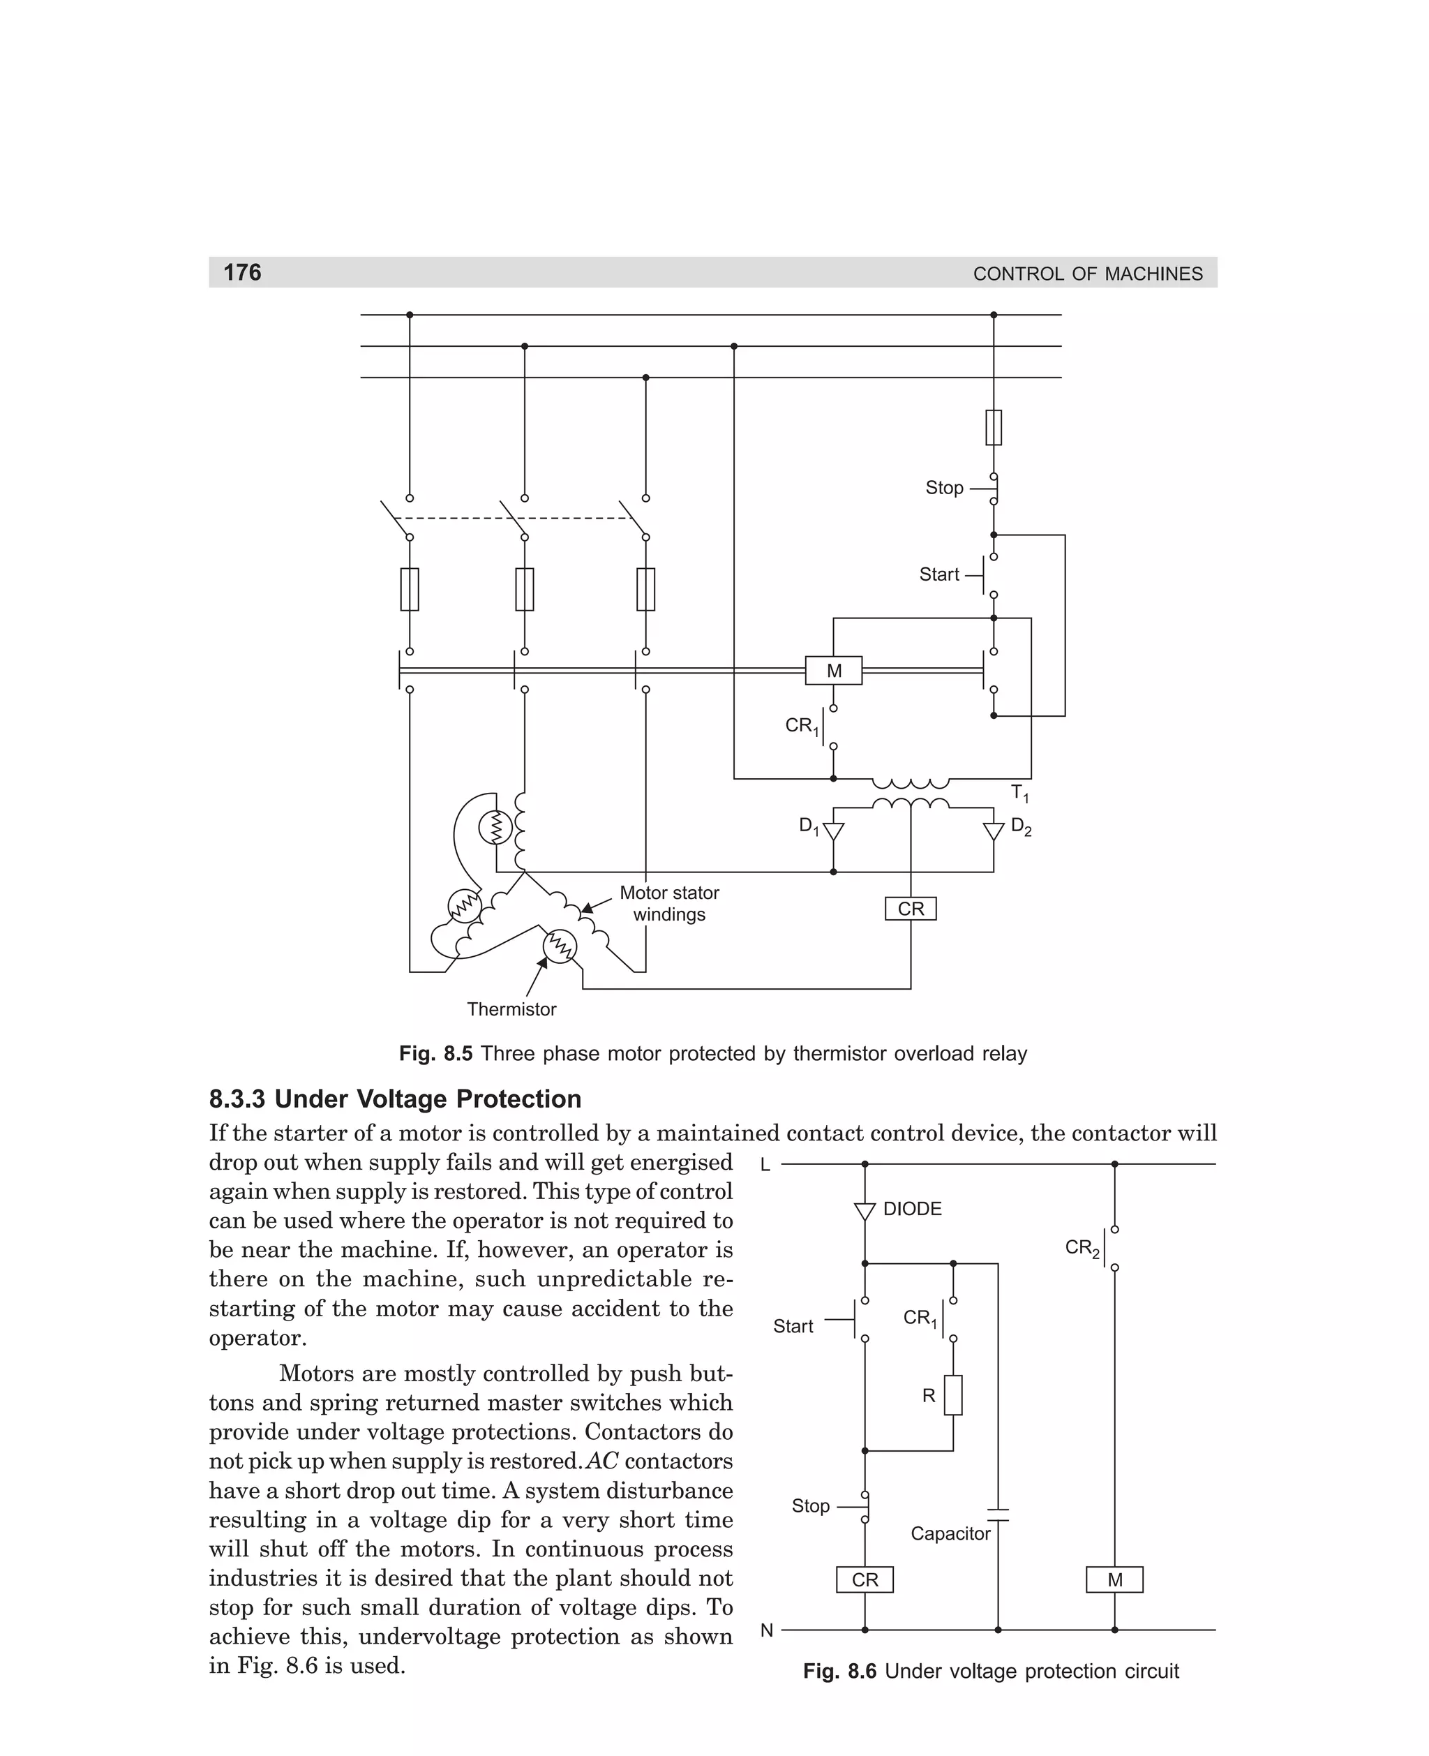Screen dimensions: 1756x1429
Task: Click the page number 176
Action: point(242,272)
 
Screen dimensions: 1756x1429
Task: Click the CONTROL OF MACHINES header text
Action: point(1087,274)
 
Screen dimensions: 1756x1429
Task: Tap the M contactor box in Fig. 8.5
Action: point(833,671)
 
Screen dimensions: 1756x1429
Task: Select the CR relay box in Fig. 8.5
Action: point(911,909)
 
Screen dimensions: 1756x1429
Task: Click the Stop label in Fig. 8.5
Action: point(944,488)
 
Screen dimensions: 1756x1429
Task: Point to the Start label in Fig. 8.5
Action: point(939,574)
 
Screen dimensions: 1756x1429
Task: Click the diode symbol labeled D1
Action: point(833,831)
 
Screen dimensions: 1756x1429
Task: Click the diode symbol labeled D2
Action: point(994,831)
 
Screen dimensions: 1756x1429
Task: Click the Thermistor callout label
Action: point(511,1009)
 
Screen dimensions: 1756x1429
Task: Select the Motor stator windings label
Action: point(669,904)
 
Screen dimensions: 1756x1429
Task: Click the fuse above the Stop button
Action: point(994,427)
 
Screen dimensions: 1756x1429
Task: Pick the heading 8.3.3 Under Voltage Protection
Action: point(395,1099)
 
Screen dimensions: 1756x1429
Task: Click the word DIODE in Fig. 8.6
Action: point(912,1209)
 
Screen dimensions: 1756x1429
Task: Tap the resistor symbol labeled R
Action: point(953,1394)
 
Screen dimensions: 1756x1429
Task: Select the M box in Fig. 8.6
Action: point(1114,1580)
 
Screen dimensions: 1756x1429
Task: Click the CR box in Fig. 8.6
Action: point(865,1580)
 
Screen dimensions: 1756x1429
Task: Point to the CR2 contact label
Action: point(1082,1248)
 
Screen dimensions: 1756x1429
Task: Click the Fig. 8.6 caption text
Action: point(991,1672)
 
